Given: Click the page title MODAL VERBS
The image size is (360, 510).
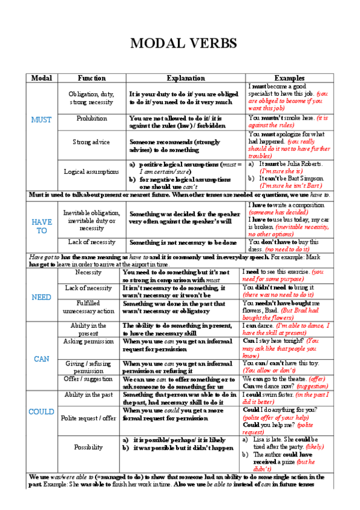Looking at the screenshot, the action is click(x=183, y=44).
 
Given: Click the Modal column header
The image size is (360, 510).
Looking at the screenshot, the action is click(x=41, y=78).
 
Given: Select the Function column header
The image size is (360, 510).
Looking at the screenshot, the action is click(x=91, y=78).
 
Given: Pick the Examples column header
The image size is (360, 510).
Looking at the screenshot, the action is click(x=289, y=78).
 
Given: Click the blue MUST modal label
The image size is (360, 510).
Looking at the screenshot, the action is click(x=41, y=120).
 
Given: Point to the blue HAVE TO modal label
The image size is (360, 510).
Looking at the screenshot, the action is click(x=41, y=226).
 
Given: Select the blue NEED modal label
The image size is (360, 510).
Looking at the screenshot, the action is click(x=41, y=297).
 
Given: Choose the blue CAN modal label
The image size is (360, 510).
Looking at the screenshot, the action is click(x=41, y=358).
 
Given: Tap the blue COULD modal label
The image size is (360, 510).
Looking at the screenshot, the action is click(x=41, y=412).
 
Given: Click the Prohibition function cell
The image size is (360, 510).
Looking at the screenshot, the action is click(x=91, y=118).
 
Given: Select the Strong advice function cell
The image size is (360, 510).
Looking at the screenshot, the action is click(x=91, y=142).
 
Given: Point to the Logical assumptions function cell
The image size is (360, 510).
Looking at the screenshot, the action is click(x=91, y=171).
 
